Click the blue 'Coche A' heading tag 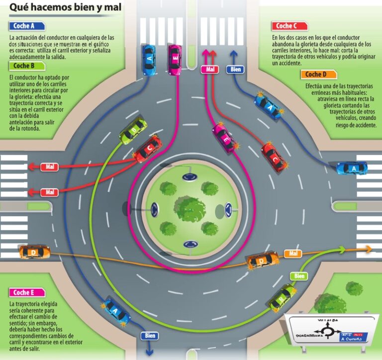[x=26, y=26]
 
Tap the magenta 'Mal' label [x=210, y=70]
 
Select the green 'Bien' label [x=298, y=275]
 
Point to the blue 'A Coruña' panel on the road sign [x=354, y=337]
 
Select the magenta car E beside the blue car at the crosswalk [x=175, y=59]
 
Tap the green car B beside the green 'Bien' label [x=282, y=296]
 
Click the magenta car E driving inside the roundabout [x=225, y=138]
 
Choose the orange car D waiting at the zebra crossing [x=34, y=252]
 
